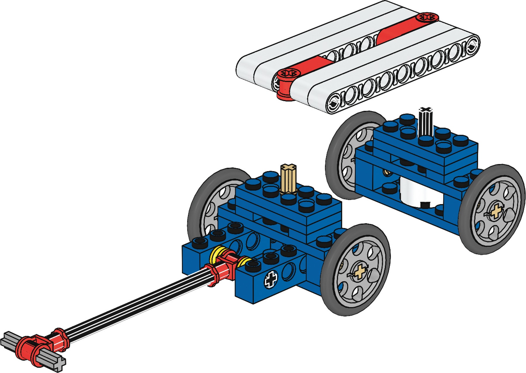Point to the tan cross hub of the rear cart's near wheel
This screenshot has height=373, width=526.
point(496,211)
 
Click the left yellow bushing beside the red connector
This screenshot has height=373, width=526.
point(218,254)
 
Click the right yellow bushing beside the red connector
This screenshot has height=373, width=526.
point(243,262)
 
